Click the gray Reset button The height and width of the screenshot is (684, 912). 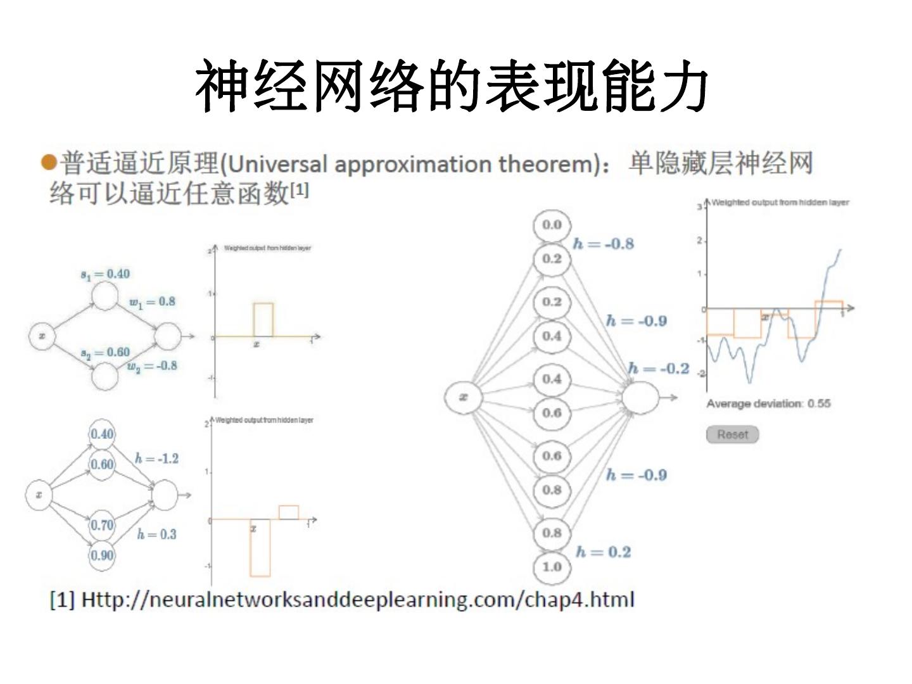click(x=732, y=434)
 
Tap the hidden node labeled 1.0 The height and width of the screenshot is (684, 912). click(x=552, y=567)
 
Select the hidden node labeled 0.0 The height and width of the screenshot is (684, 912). click(x=552, y=225)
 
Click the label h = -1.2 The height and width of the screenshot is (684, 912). click(x=156, y=459)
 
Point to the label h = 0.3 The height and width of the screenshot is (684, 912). click(x=156, y=535)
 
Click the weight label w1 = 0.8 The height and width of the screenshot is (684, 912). click(x=152, y=302)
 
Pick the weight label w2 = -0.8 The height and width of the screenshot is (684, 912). click(x=152, y=366)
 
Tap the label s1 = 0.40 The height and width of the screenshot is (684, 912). click(x=105, y=274)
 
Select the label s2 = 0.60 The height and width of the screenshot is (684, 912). click(x=105, y=353)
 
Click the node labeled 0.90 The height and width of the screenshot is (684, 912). click(x=101, y=555)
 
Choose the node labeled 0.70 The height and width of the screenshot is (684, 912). click(x=101, y=525)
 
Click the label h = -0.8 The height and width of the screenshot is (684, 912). click(x=603, y=244)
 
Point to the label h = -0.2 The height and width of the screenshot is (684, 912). click(x=659, y=369)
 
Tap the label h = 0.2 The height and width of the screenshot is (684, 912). click(x=603, y=552)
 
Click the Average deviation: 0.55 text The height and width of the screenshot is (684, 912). click(x=768, y=403)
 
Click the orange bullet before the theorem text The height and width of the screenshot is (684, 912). click(x=48, y=163)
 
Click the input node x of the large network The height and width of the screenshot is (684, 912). click(x=464, y=397)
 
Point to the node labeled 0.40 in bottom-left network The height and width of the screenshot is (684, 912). click(x=102, y=434)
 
